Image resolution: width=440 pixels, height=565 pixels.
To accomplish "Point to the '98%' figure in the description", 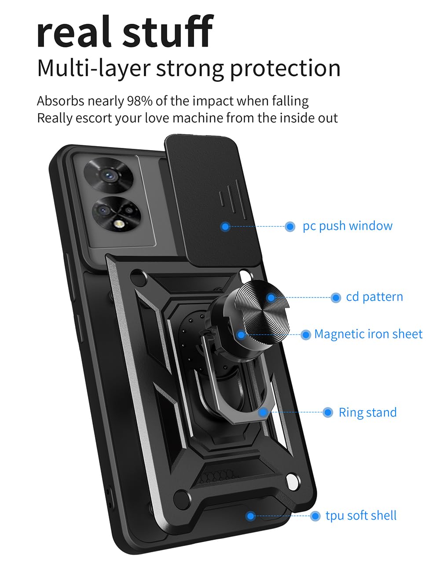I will [139, 101].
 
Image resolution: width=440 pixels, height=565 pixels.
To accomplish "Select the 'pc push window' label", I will [347, 226].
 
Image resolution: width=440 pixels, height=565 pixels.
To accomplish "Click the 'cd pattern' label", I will [374, 297].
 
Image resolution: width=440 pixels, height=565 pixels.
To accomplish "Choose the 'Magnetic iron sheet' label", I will [368, 334].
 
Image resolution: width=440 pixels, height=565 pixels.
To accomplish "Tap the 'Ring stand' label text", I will [367, 413].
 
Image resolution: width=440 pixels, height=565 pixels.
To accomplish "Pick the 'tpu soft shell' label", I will [361, 516].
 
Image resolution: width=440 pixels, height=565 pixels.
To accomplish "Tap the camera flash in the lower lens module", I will [117, 225].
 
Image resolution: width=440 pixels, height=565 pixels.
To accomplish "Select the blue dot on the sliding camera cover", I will [225, 227].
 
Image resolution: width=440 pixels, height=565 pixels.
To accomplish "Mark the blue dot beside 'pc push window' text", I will [290, 227].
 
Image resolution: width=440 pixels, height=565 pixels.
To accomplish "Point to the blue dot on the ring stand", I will [263, 413].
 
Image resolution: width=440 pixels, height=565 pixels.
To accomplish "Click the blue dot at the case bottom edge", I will [250, 516].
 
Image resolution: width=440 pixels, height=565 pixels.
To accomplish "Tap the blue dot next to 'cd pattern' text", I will [336, 298].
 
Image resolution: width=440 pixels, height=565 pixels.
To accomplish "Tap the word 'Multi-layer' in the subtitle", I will [93, 69].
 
